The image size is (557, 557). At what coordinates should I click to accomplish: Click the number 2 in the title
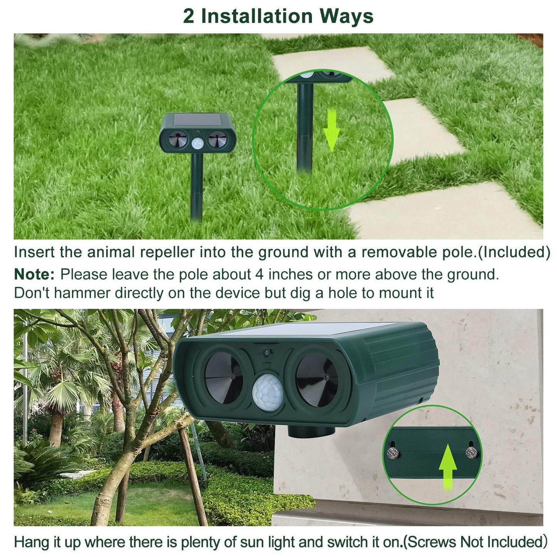(188, 16)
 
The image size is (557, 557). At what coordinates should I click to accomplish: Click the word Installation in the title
(257, 16)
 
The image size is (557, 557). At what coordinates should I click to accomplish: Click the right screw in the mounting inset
(471, 452)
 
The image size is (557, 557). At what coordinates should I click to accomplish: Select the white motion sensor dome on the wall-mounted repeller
(268, 392)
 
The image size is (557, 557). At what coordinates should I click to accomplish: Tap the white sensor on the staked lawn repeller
(198, 143)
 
